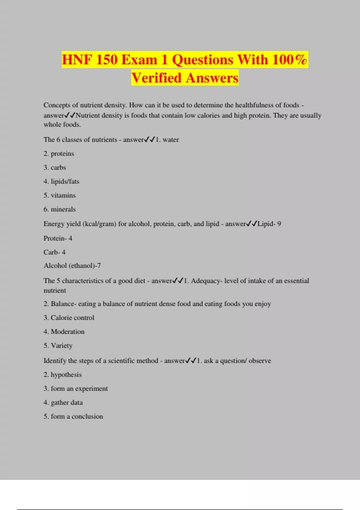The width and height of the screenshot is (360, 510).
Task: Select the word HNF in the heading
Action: tap(77, 59)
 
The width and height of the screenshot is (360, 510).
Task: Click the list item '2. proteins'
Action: tap(59, 154)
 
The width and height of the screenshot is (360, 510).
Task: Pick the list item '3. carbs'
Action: tap(55, 167)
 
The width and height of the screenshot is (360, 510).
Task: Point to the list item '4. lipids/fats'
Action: tap(61, 181)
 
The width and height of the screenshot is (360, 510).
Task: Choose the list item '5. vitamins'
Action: tap(60, 195)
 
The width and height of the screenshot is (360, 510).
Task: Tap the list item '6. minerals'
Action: tap(60, 209)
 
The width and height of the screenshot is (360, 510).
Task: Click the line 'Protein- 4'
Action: tap(58, 238)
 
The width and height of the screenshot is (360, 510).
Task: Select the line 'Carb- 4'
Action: tap(55, 252)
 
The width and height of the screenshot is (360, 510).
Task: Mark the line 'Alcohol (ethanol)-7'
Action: tap(72, 266)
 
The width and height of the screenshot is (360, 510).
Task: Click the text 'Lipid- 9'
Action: tap(269, 224)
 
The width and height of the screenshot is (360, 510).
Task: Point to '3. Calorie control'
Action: tap(69, 318)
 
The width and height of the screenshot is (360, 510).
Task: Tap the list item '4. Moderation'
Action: tap(64, 332)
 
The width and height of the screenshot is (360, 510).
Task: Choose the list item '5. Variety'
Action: tap(58, 346)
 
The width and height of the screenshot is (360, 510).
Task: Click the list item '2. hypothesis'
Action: tap(63, 375)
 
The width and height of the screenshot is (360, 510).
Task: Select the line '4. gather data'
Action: tap(63, 403)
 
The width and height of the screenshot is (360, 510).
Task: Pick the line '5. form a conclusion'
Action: tap(73, 416)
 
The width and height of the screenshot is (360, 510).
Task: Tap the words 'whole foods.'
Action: tap(62, 124)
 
